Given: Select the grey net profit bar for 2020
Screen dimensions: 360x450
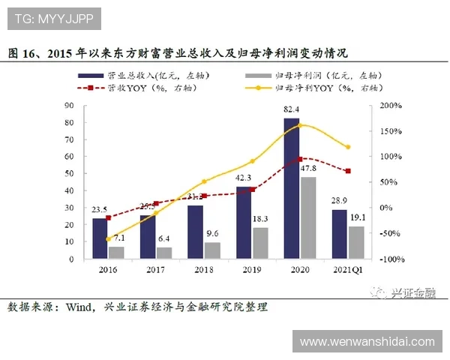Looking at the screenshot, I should pyautogui.click(x=307, y=218).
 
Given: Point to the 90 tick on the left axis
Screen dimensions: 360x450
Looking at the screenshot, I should pyautogui.click(x=69, y=106).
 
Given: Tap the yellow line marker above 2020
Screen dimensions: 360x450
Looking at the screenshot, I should pyautogui.click(x=301, y=125).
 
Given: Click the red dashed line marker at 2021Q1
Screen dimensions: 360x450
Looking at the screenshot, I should pyautogui.click(x=347, y=171).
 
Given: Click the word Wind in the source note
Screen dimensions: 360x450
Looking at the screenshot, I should pyautogui.click(x=79, y=307).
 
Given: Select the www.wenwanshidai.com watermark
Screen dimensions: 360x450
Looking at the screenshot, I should pyautogui.click(x=367, y=342).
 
